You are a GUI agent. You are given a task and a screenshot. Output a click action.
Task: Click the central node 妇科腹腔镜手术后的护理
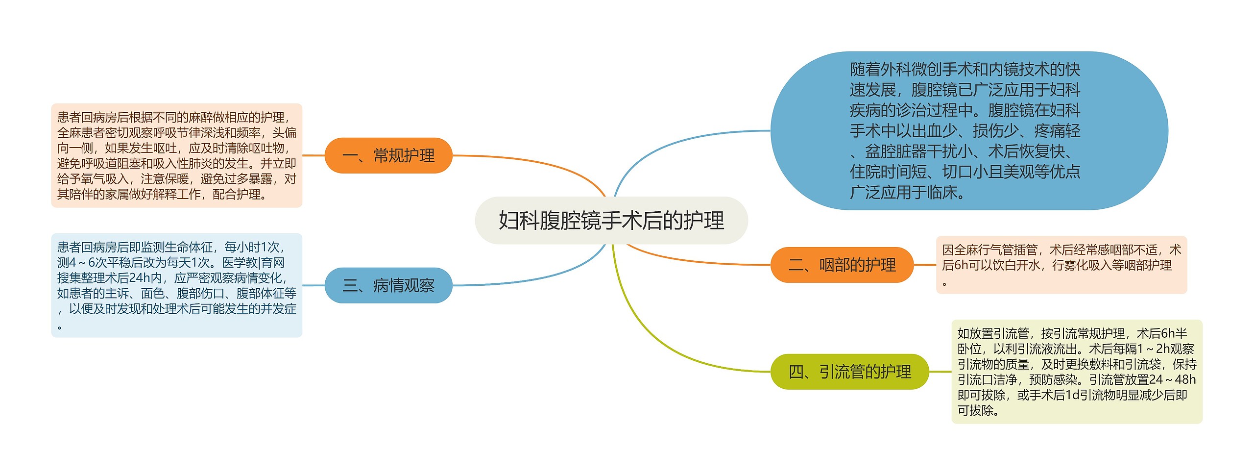(x=611, y=221)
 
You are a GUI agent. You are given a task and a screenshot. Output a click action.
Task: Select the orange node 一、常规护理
(x=388, y=155)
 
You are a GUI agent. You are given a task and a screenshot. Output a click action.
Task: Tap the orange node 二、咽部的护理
(x=842, y=265)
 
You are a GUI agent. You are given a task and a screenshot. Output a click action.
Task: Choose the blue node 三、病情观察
(x=388, y=285)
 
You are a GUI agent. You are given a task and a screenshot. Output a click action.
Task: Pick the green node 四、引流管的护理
(x=850, y=372)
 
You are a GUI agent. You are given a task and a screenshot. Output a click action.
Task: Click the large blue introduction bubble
(x=969, y=131)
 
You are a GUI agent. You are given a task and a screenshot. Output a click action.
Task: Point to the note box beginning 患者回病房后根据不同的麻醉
(x=177, y=155)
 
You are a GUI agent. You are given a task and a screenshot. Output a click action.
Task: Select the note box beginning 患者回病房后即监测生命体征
(x=177, y=285)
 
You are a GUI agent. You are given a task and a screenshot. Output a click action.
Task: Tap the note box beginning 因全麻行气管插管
(x=1061, y=265)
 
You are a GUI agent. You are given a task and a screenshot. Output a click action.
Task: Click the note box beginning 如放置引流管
(x=1077, y=372)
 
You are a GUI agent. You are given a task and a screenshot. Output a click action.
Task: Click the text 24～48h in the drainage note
(x=1172, y=379)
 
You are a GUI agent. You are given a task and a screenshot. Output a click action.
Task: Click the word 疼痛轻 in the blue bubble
(x=1057, y=131)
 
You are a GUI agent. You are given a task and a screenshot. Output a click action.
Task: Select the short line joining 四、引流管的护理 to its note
(x=940, y=372)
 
